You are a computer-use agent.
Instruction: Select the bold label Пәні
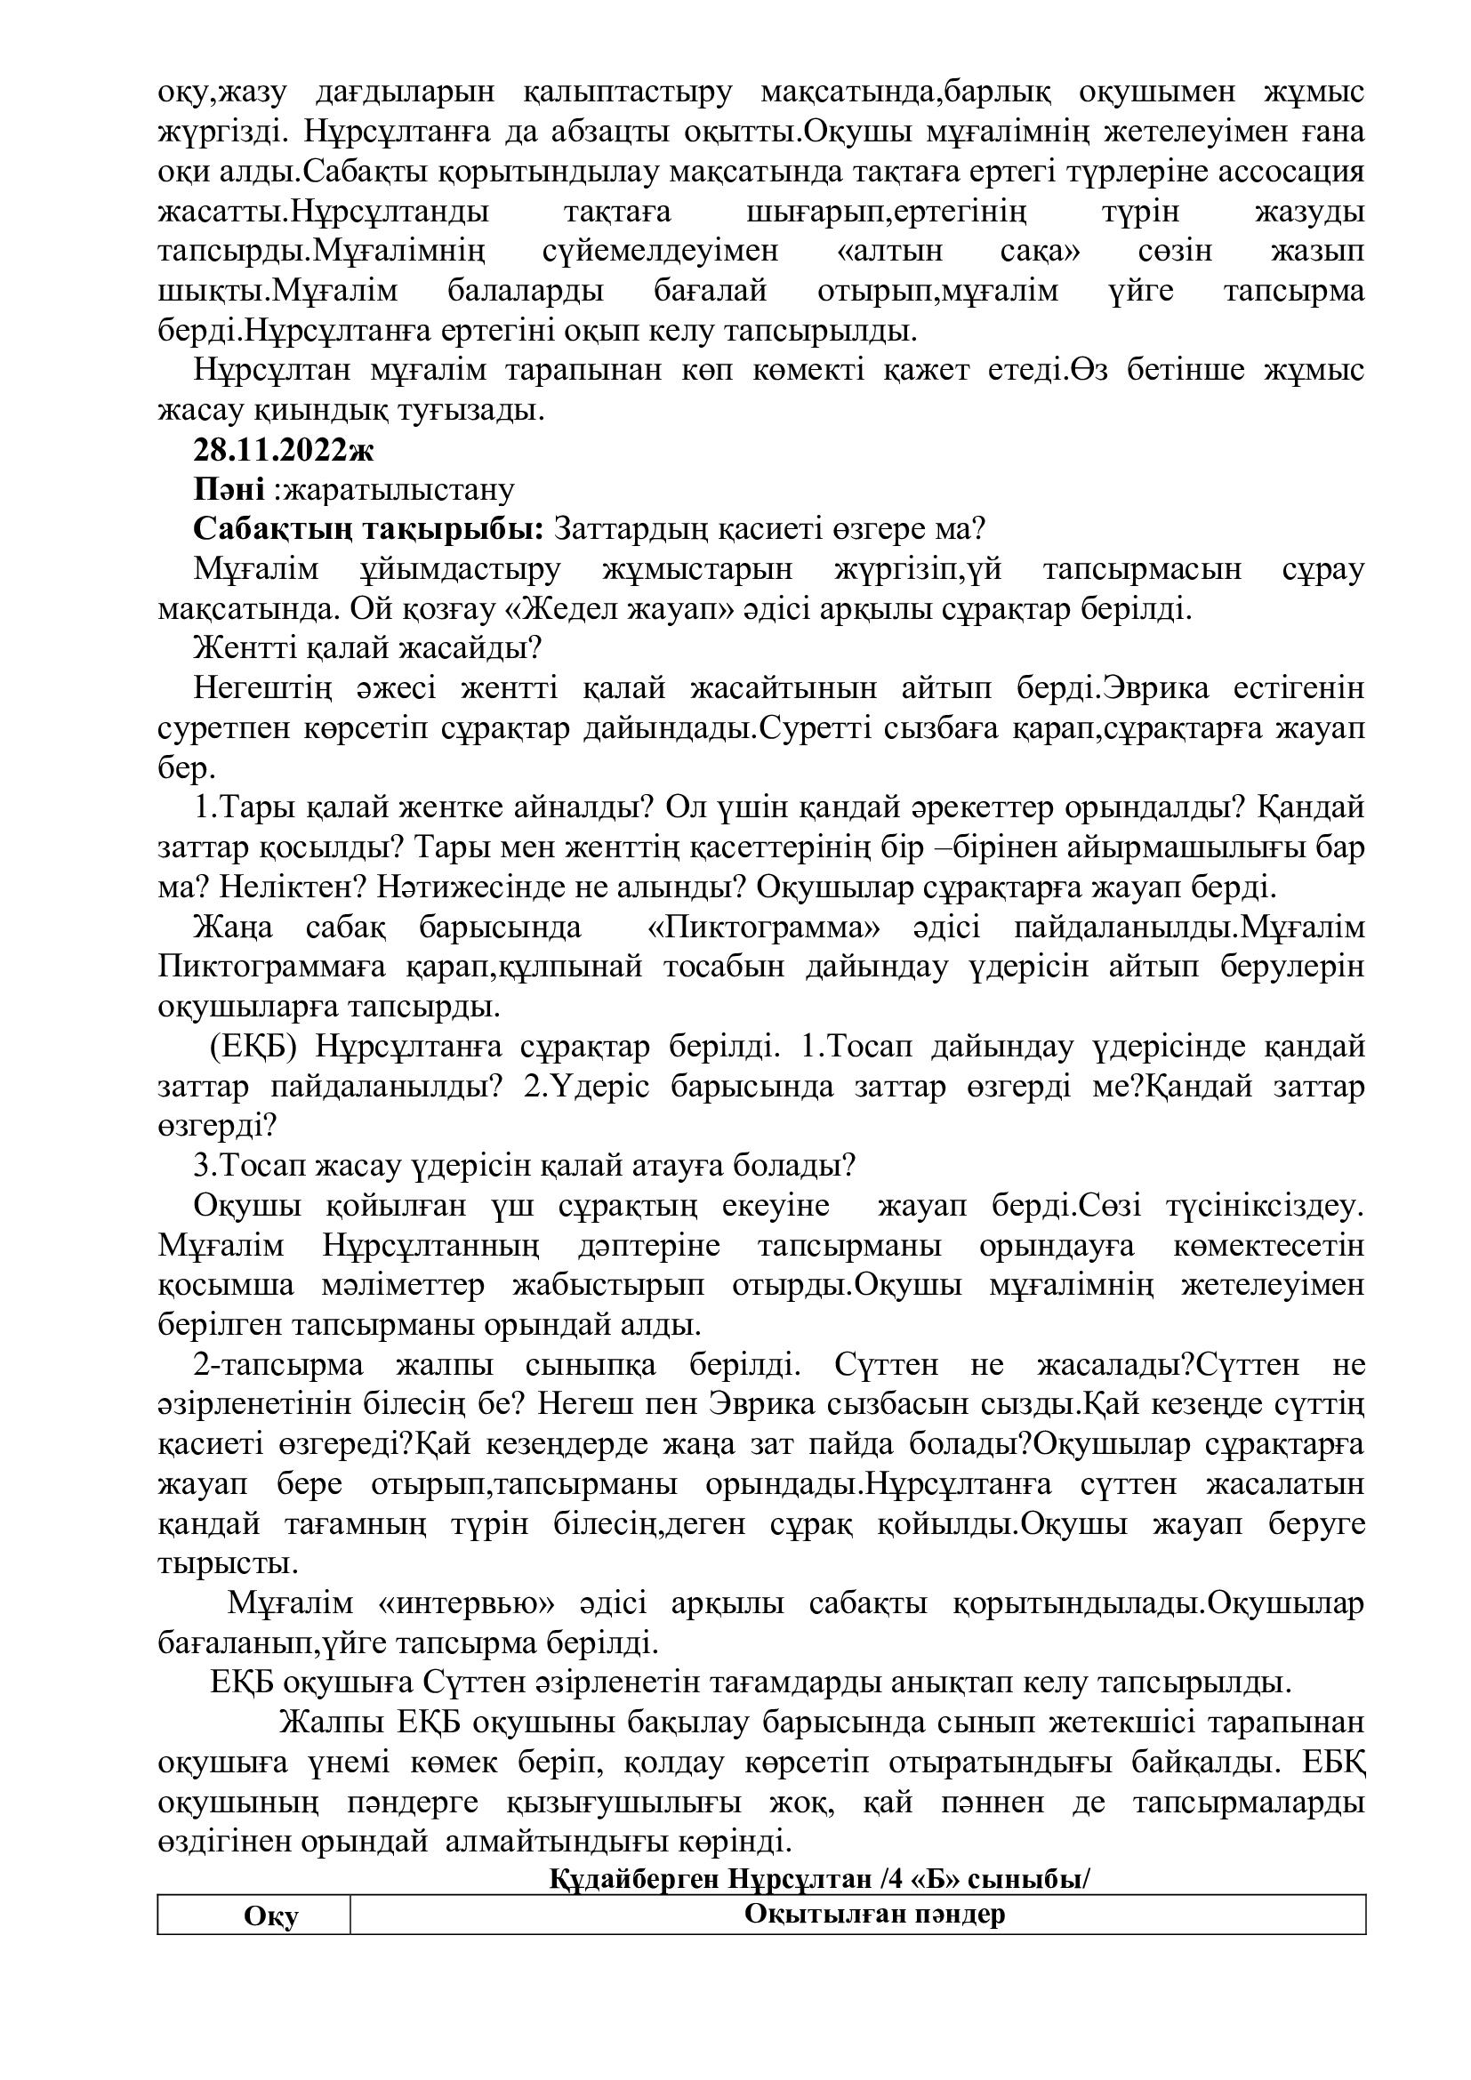[x=229, y=490]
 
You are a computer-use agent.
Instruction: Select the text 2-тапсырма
[x=279, y=1365]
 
